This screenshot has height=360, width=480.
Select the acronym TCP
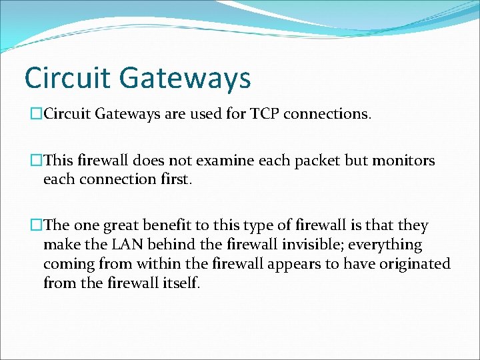pyautogui.click(x=265, y=114)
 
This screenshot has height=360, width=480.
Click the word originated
pyautogui.click(x=413, y=264)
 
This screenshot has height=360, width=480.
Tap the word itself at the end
pyautogui.click(x=180, y=283)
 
